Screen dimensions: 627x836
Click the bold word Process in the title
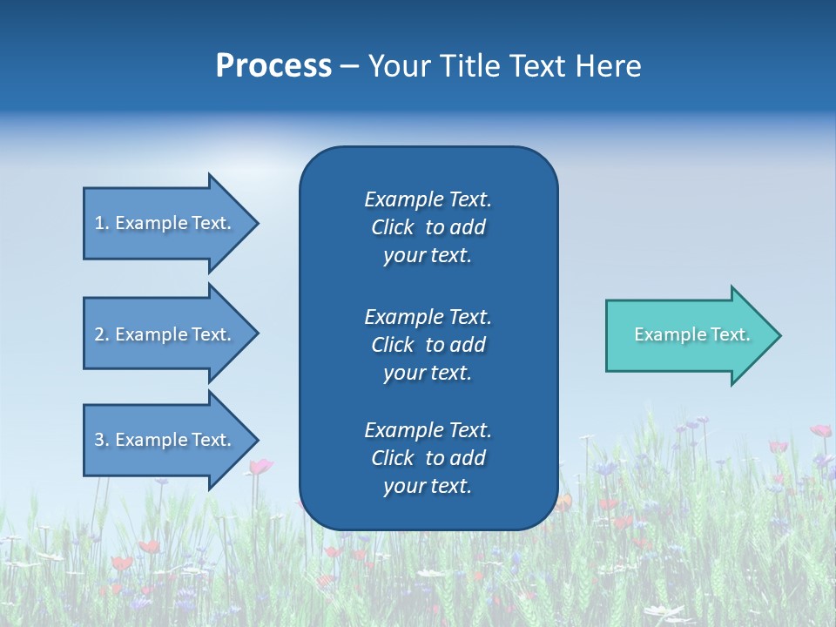(273, 66)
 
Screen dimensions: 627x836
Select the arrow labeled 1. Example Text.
(165, 223)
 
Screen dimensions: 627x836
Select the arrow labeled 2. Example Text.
(165, 334)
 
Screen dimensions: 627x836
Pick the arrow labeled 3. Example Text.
(165, 440)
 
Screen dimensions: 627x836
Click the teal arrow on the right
(688, 335)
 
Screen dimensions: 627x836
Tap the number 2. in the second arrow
(102, 334)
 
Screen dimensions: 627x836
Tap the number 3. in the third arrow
(102, 440)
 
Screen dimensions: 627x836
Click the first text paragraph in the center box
(428, 227)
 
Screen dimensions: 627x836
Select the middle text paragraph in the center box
(428, 345)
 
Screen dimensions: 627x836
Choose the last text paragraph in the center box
(428, 458)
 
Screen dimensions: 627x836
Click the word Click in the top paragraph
(392, 227)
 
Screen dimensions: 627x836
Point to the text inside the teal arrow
(691, 334)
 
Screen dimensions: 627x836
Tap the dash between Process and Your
(349, 67)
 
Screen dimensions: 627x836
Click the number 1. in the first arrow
(101, 223)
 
